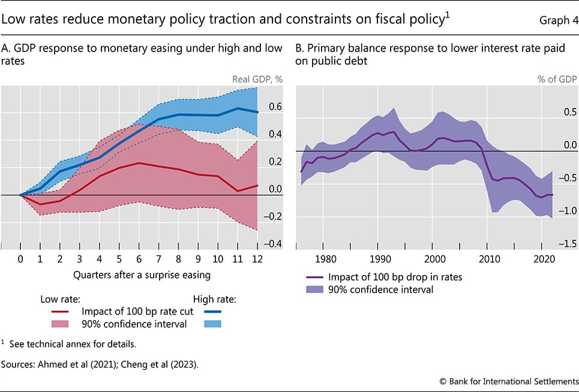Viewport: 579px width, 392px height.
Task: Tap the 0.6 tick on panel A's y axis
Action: click(x=275, y=107)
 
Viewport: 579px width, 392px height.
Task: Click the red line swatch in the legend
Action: click(x=59, y=310)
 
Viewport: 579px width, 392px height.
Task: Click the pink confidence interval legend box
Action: click(x=59, y=324)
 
